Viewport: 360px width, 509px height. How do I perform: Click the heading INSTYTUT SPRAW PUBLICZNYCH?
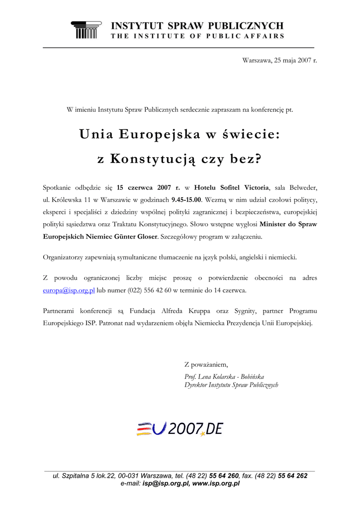(197, 26)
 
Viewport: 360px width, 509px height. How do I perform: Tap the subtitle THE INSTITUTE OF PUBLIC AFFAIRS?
(197, 36)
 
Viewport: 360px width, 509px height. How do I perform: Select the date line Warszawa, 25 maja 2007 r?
(279, 60)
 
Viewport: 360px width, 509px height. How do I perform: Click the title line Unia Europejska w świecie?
(180, 134)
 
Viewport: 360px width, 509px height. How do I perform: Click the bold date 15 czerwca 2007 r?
(148, 187)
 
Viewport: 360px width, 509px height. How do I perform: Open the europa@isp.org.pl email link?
(69, 290)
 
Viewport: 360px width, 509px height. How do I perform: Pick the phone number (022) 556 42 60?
(150, 290)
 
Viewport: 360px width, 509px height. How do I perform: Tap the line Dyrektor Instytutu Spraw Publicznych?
(231, 385)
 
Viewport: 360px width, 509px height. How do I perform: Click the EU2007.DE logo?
(180, 428)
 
